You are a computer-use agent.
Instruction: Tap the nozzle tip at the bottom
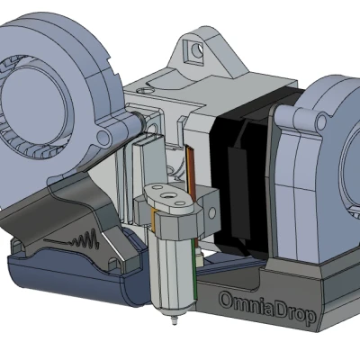[174, 321]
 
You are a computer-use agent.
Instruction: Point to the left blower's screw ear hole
[103, 137]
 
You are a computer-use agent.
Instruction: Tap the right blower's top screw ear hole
[321, 121]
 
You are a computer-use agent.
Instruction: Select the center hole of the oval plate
[166, 196]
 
